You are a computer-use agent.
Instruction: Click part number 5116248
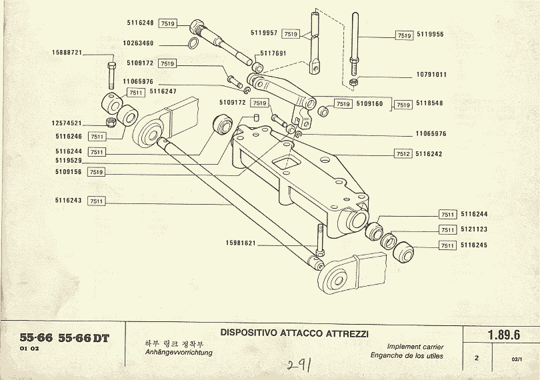(140, 23)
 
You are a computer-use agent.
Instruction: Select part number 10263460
(138, 43)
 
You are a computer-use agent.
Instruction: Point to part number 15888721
(67, 52)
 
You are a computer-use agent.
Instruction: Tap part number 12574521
(67, 123)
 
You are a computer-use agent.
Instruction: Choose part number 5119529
(69, 161)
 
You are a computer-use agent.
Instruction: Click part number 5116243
(69, 200)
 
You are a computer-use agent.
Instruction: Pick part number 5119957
(264, 32)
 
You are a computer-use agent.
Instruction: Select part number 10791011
(431, 75)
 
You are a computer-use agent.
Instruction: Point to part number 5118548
(431, 105)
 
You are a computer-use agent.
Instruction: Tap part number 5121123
(474, 229)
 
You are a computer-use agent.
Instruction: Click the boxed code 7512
(403, 153)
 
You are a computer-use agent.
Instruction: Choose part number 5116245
(474, 245)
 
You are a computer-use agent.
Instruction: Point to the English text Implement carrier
(415, 347)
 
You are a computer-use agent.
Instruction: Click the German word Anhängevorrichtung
(179, 353)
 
